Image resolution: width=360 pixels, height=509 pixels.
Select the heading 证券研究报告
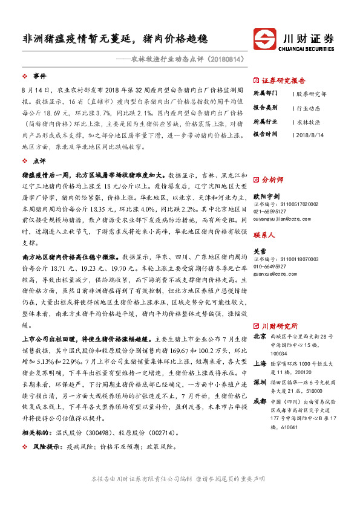[x=283, y=80]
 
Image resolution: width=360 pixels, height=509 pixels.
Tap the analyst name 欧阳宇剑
[x=266, y=196]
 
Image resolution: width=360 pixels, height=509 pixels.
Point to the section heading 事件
[x=40, y=76]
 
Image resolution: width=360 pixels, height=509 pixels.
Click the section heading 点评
[x=40, y=161]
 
